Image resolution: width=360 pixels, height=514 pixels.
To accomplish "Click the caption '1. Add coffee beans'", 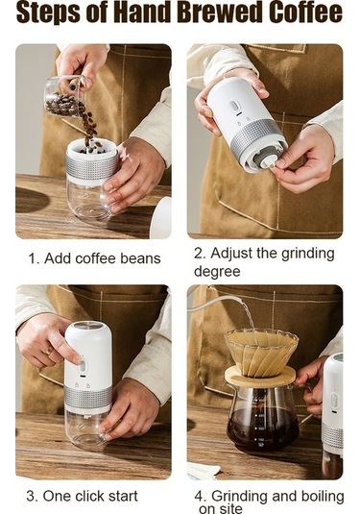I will [93, 258].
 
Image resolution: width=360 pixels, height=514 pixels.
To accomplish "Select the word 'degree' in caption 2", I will [217, 271].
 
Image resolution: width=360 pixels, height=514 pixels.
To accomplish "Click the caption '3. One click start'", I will [82, 496].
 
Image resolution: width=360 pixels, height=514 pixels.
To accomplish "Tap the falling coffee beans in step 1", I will [88, 125].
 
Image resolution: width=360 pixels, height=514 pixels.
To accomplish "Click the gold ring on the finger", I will [50, 352].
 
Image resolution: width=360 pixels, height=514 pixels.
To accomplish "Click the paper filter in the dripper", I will [261, 350].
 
